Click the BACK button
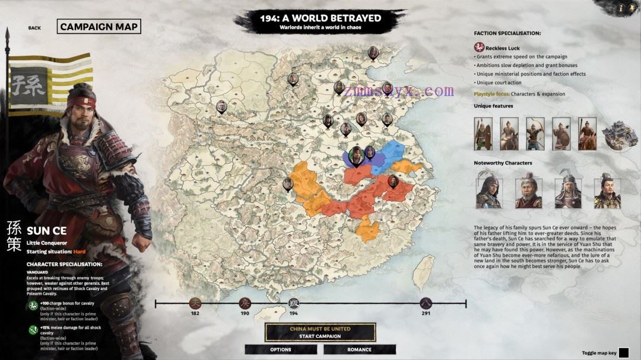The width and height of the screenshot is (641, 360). [34, 28]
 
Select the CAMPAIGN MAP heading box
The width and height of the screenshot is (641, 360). [99, 27]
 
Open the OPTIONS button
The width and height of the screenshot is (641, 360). [281, 349]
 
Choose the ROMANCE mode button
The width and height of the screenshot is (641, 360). [359, 349]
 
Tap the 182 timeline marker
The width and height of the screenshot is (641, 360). [195, 304]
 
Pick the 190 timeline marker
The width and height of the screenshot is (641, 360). [245, 304]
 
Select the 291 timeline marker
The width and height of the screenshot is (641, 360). [425, 304]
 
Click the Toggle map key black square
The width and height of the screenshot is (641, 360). [623, 353]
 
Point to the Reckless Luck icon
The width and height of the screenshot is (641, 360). [479, 47]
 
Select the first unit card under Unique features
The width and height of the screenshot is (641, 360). [483, 133]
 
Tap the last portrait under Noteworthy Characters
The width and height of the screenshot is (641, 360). [607, 190]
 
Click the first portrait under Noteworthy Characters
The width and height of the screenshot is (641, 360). [488, 190]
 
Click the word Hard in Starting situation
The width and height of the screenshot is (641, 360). [80, 251]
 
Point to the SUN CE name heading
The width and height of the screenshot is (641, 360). [46, 230]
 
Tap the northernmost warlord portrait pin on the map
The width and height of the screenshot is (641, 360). [373, 53]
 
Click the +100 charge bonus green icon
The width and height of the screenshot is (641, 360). [33, 306]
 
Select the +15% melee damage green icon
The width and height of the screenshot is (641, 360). [33, 330]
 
